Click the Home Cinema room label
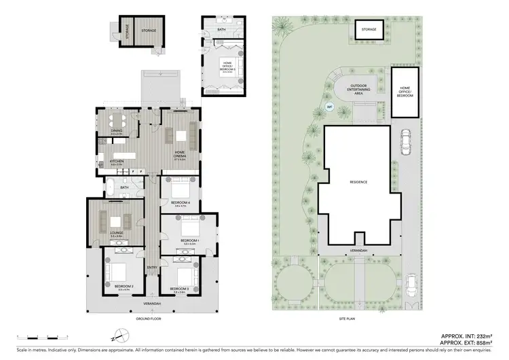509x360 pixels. click(x=180, y=154)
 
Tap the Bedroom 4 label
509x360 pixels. click(x=180, y=203)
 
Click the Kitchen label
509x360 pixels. click(x=117, y=162)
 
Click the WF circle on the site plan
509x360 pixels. click(x=330, y=107)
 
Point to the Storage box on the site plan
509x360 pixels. click(x=369, y=30)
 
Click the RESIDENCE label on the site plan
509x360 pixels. click(x=358, y=182)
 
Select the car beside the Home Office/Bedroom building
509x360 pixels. click(x=406, y=143)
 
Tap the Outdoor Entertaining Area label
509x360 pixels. click(x=358, y=89)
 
